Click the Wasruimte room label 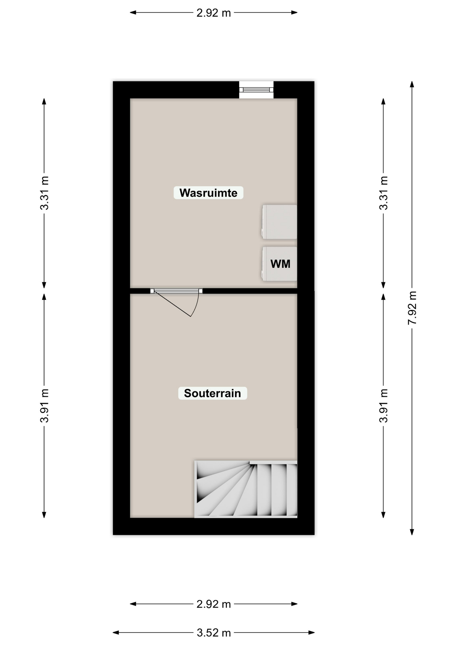208,193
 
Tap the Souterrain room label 213,393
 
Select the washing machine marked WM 279,264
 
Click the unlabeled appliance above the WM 279,222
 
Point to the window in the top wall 256,90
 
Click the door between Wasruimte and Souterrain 176,302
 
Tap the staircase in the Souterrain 246,489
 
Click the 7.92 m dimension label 412,308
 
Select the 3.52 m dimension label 214,633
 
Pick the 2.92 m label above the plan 214,13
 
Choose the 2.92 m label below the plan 214,604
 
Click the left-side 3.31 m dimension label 44,193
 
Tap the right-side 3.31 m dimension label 383,193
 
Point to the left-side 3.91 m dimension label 44,405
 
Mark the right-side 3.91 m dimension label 383,405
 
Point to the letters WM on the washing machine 280,264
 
